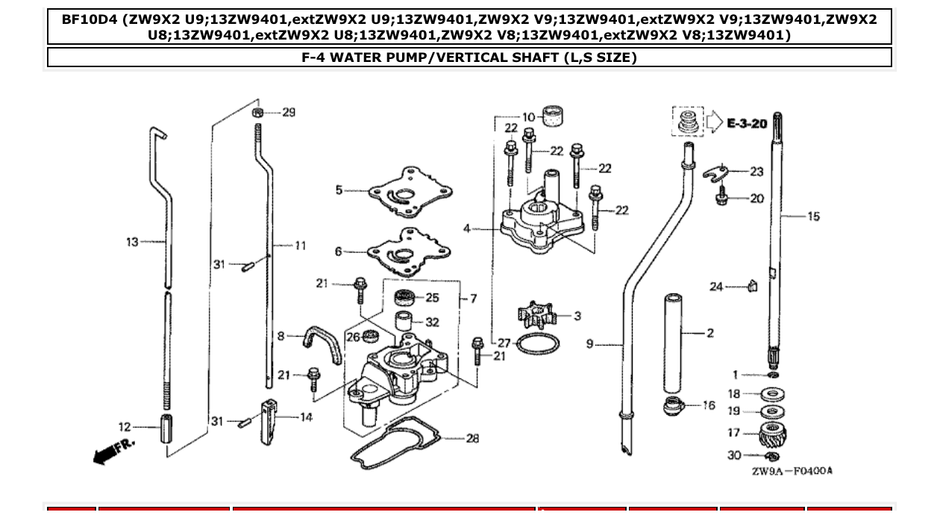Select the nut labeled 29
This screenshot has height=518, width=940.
point(257,113)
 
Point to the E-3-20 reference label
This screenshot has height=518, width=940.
point(747,123)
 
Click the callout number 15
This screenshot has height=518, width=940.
point(813,216)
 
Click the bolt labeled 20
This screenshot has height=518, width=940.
point(722,199)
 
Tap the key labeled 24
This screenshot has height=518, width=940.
point(752,285)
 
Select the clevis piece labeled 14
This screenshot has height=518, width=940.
point(269,422)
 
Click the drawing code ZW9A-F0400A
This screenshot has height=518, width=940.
point(792,471)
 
